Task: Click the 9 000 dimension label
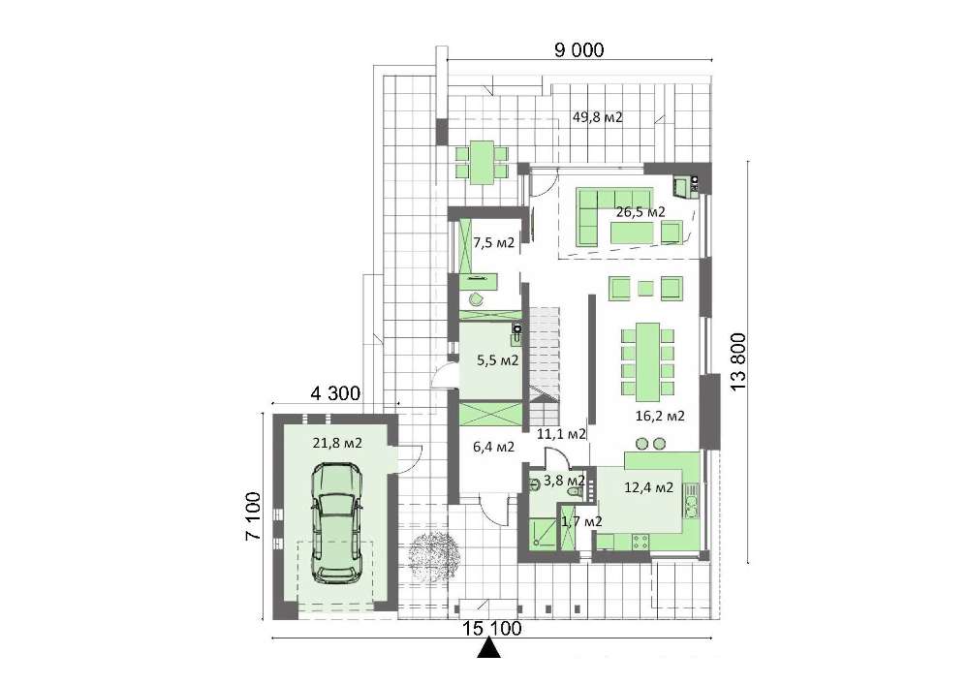(x=579, y=49)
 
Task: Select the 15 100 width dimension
(x=492, y=629)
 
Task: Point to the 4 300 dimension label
(x=335, y=392)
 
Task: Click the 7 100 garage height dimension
(x=254, y=516)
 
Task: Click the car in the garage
(x=336, y=523)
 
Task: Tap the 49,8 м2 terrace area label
(x=597, y=116)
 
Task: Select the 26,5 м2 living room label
(x=641, y=212)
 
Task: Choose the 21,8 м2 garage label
(x=337, y=443)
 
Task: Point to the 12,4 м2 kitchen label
(x=649, y=487)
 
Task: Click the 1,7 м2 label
(x=580, y=522)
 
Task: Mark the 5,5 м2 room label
(x=497, y=360)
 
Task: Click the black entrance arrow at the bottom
(x=489, y=648)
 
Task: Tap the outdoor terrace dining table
(x=482, y=163)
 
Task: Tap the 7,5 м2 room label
(x=494, y=243)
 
